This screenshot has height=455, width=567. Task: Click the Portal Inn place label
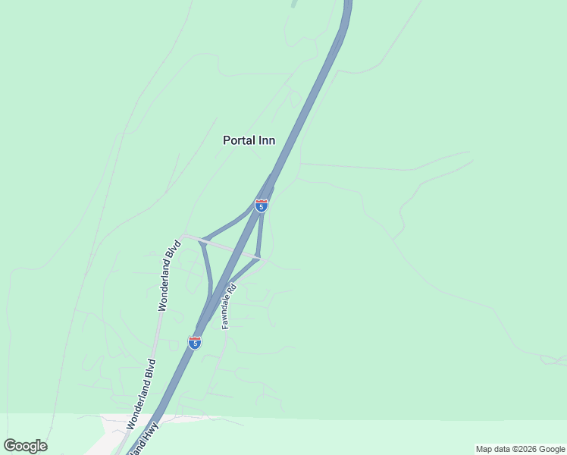click(249, 140)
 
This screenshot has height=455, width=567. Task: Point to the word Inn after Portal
click(266, 140)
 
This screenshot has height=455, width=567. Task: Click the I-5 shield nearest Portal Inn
click(261, 206)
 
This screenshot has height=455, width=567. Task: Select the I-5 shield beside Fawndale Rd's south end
click(195, 343)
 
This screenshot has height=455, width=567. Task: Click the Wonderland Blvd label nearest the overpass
click(170, 275)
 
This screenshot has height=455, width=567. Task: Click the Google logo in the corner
click(25, 446)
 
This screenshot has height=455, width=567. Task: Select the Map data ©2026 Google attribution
click(521, 449)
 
